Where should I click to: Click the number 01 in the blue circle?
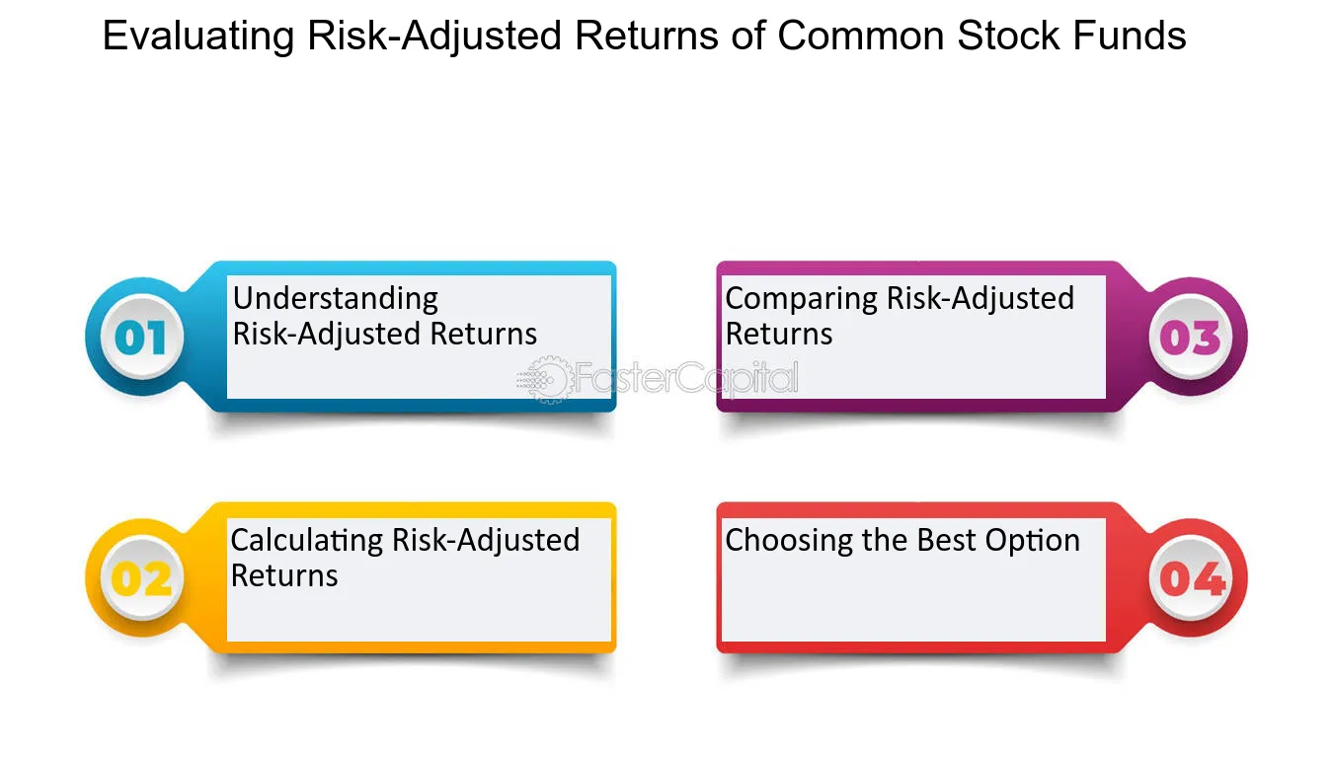pos(140,338)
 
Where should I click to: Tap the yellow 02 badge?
pos(140,578)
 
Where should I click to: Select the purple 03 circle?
pos(1191,338)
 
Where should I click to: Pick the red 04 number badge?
pos(1191,578)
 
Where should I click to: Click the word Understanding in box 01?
pos(335,299)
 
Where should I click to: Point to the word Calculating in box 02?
pos(307,540)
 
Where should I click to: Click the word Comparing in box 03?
pos(802,298)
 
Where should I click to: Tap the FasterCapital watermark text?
pos(687,379)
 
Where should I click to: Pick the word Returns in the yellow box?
pos(284,575)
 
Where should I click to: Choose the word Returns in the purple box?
pos(778,334)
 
